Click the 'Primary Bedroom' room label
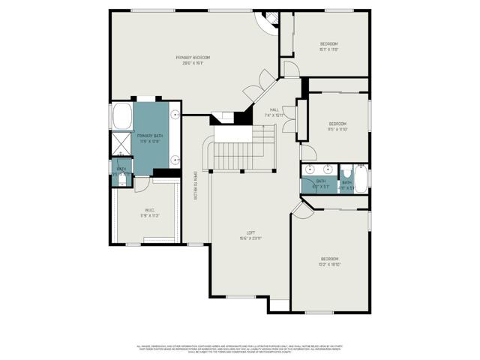point(193,60)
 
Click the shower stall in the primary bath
point(121,144)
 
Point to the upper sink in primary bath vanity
point(175,115)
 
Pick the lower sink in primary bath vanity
point(175,159)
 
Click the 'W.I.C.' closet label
point(150,211)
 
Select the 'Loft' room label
point(250,235)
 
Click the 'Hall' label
point(276,112)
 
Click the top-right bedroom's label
point(328,46)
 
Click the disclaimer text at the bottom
point(240,349)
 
